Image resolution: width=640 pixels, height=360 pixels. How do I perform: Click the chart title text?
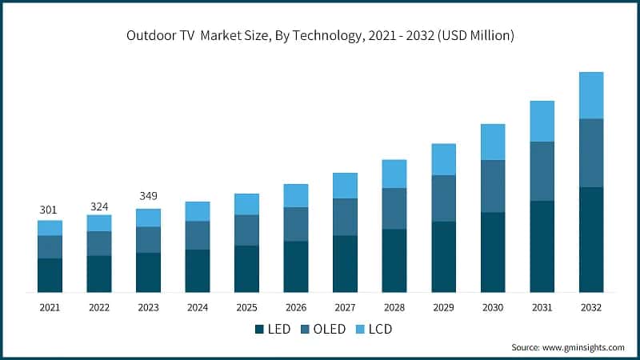(x=320, y=35)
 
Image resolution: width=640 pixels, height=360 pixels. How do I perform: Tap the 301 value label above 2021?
(x=50, y=210)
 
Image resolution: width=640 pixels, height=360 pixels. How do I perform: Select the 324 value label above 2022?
(x=99, y=206)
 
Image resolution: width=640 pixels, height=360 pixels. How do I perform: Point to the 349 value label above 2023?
(x=148, y=196)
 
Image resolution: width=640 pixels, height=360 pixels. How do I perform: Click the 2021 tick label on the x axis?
(x=50, y=307)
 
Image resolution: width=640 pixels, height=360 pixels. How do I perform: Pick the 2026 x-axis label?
(x=296, y=307)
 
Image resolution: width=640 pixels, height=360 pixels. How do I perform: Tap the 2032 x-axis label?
(x=591, y=307)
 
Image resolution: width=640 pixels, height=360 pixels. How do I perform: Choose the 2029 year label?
(x=443, y=307)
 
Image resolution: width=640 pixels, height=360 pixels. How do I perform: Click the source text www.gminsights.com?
(x=568, y=347)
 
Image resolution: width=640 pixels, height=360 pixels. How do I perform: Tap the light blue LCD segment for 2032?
(x=591, y=95)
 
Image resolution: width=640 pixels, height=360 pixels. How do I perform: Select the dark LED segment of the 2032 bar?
(x=591, y=239)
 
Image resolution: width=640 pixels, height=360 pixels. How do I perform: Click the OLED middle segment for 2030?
(x=493, y=186)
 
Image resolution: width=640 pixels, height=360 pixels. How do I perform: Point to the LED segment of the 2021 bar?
(x=50, y=275)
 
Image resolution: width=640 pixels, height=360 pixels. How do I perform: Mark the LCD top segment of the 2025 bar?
(x=246, y=204)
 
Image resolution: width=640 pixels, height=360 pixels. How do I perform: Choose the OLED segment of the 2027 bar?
(x=345, y=217)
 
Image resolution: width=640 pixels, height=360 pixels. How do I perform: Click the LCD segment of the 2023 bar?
(x=148, y=218)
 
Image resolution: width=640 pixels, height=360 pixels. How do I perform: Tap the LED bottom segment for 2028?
(x=394, y=260)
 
